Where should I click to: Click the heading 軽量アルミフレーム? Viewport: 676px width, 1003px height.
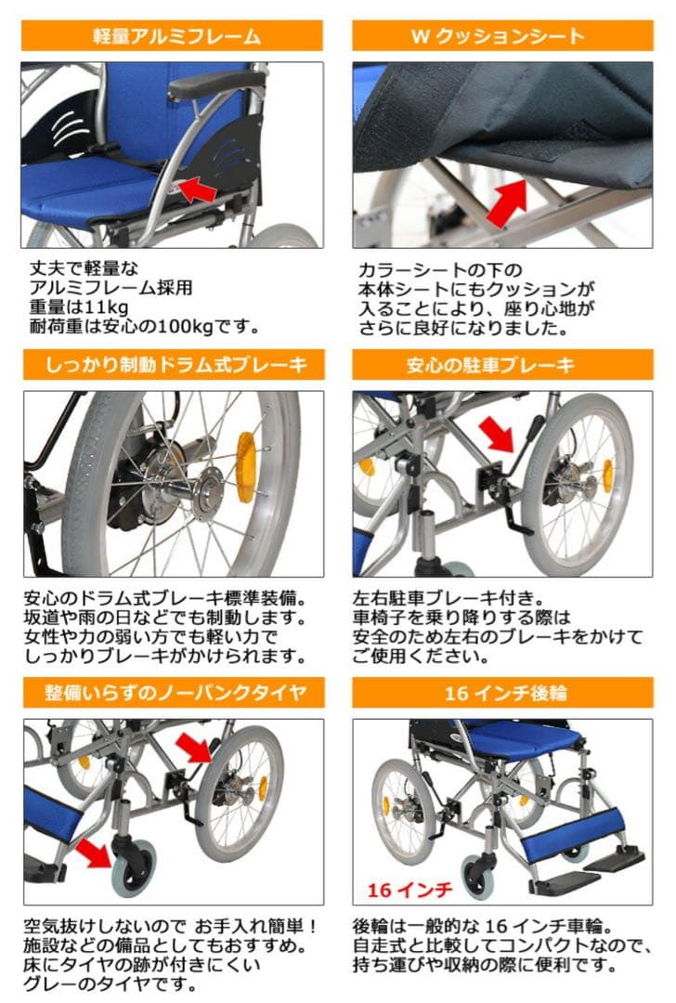tap(174, 36)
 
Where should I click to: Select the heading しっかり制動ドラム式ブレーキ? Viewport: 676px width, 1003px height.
tap(174, 365)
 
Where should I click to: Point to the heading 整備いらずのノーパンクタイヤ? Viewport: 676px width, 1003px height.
tap(174, 693)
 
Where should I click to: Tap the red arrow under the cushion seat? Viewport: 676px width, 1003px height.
tap(503, 202)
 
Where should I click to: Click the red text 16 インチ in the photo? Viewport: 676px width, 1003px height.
tap(409, 890)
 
